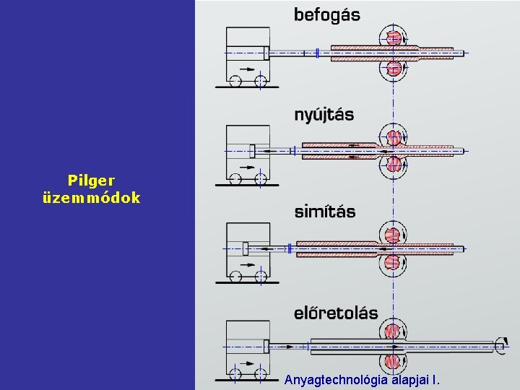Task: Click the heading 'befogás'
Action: point(326,14)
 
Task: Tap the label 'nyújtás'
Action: point(324,115)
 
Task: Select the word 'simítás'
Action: point(325,212)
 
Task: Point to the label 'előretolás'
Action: point(336,313)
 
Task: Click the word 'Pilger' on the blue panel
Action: point(91,180)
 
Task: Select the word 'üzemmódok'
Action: point(91,196)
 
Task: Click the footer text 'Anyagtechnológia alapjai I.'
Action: point(362,379)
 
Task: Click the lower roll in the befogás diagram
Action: point(394,68)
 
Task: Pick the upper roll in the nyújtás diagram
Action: point(394,136)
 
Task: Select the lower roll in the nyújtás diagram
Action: point(394,165)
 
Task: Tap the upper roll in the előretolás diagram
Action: point(392,331)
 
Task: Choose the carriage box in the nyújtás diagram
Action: point(248,148)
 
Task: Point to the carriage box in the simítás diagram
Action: point(248,246)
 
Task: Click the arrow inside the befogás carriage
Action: point(248,69)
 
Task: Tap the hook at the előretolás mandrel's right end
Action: point(500,347)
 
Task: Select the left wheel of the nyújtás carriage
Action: point(236,178)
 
